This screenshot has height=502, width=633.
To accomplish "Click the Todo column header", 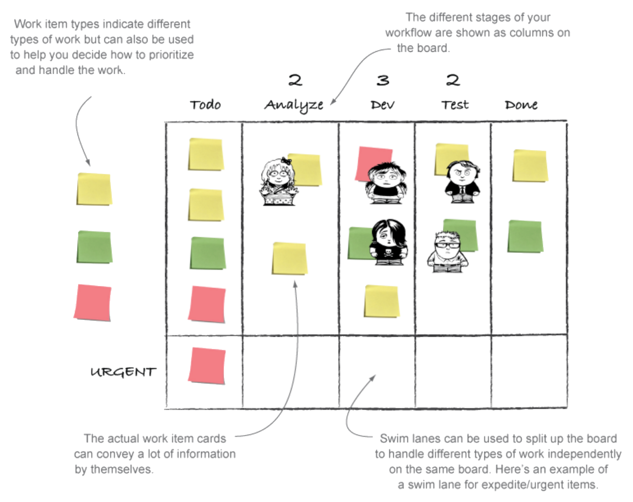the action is coord(205,105).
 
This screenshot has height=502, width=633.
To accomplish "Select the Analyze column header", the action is coord(293,105).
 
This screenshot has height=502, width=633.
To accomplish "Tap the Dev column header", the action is coord(383,105).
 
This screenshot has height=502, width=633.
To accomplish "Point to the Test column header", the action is coord(455,105).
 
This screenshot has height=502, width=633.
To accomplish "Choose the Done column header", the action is coord(521,105).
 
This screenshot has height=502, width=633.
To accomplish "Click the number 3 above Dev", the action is coord(383,80).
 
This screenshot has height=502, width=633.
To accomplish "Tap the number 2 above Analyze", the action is coord(295,80).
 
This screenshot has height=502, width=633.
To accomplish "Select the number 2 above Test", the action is coord(453,80).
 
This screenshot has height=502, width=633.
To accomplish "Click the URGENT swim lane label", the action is coord(123,372).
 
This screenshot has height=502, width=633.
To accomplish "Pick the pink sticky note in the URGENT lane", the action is coord(207,366).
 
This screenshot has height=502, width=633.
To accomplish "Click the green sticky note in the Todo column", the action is coord(208,253).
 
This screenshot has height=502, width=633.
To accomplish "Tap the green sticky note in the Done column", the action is coord(525,236).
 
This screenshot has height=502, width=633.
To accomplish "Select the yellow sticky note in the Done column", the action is coord(530,166).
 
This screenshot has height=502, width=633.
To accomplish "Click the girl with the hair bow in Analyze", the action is coord(278,182).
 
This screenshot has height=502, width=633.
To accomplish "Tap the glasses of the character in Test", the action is coord(447,245).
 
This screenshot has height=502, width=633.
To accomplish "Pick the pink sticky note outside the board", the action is coord(92,303).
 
